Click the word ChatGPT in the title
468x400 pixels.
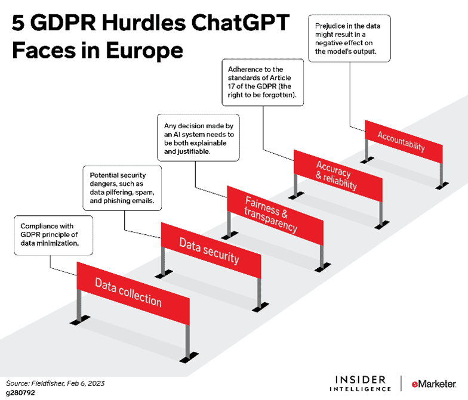pos(240,23)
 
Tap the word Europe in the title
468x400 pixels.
pos(144,50)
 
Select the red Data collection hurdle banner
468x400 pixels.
pos(133,293)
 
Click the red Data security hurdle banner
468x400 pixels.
pos(211,250)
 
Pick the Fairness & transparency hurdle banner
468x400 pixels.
pos(275,216)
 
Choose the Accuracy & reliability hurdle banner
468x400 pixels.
pos(338,176)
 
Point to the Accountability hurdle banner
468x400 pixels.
pos(404,142)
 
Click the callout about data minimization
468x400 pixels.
pos(54,235)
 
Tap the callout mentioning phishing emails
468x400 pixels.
pos(122,188)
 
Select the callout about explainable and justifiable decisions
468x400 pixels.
pos(198,138)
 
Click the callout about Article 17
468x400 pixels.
pos(263,82)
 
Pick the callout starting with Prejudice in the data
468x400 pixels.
pos(349,38)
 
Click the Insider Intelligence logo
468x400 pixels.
pos(361,384)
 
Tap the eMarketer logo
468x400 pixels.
pos(434,384)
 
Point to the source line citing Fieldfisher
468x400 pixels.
pos(55,383)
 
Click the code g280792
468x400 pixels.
pos(20,393)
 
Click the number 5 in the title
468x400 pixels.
pos(18,23)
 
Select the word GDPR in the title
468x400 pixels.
pos(63,23)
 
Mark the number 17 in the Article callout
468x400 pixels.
pos(232,86)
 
